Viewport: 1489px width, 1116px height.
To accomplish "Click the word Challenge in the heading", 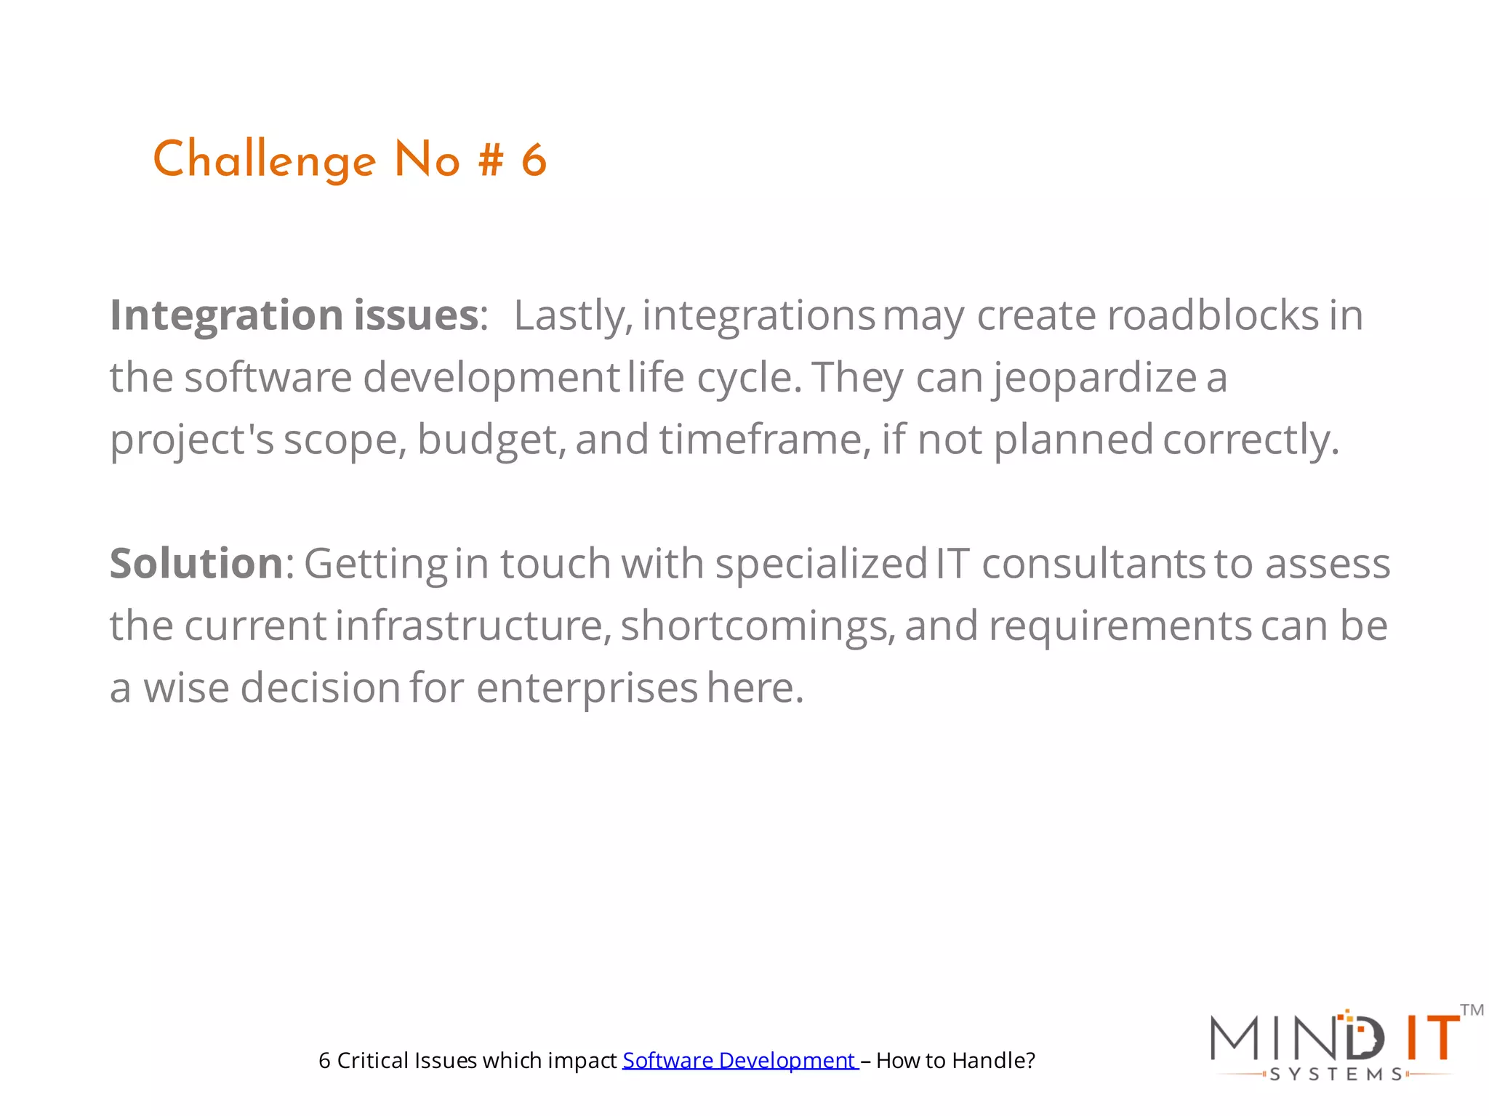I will point(264,161).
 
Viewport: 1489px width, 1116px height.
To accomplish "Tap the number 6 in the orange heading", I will point(534,161).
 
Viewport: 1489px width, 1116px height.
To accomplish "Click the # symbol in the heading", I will point(491,161).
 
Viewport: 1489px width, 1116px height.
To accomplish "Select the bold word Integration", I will point(226,315).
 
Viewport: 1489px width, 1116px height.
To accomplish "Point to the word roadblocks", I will point(1212,315).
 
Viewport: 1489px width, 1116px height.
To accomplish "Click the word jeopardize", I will point(1095,378).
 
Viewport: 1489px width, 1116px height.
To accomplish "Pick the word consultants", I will point(1093,564).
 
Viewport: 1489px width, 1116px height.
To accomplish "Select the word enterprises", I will point(587,688).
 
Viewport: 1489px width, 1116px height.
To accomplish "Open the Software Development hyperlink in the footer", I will point(739,1061).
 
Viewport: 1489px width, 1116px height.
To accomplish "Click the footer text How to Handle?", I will point(955,1061).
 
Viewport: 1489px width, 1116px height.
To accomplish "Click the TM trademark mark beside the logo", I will point(1472,1010).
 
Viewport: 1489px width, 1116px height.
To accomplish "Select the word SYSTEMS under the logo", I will point(1336,1075).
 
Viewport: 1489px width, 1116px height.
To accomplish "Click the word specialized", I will point(821,564).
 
